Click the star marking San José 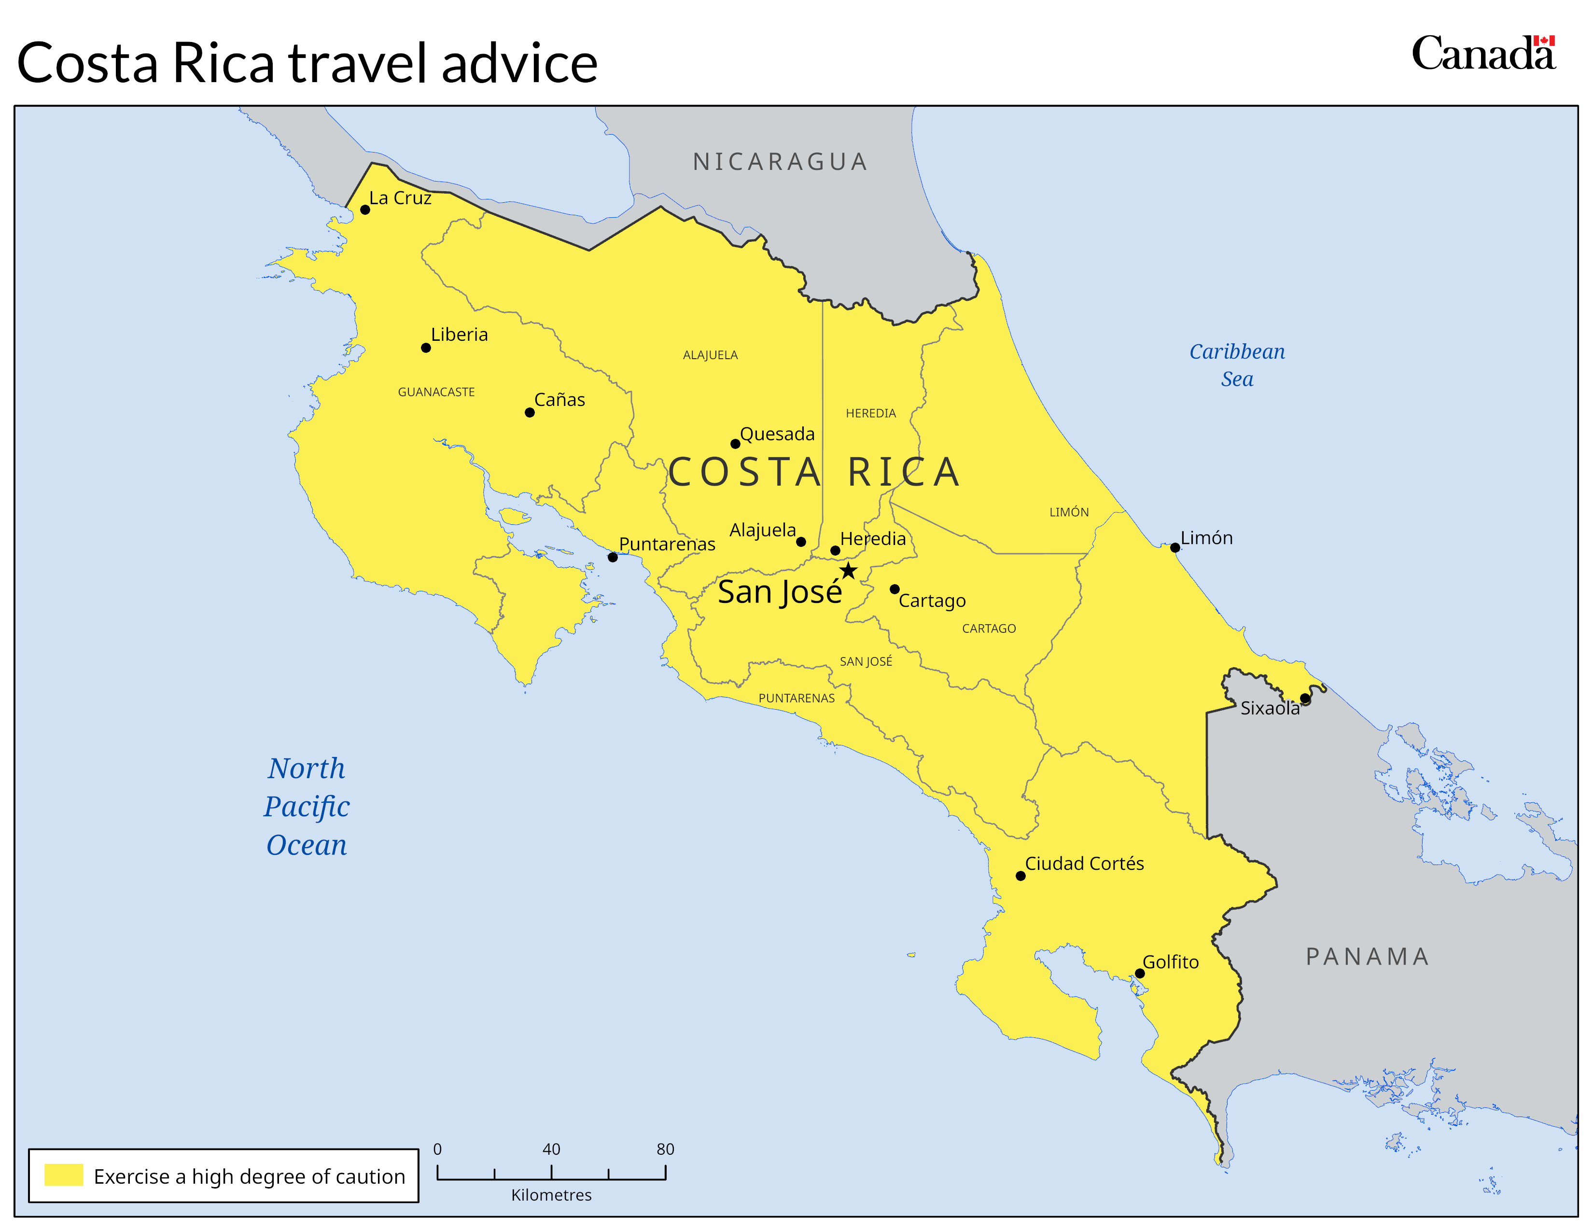[848, 570]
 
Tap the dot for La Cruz [364, 210]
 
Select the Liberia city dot [426, 348]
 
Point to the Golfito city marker [1139, 974]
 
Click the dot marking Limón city [1175, 548]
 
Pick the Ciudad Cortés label [1084, 864]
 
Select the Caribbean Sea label [1237, 364]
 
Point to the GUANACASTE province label [436, 392]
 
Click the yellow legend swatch [64, 1175]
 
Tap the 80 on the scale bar [665, 1149]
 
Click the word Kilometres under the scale [551, 1195]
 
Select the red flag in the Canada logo [1543, 41]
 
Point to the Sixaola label [1270, 708]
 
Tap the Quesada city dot [735, 444]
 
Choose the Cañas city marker [530, 413]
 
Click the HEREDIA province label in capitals [871, 414]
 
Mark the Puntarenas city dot [613, 557]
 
